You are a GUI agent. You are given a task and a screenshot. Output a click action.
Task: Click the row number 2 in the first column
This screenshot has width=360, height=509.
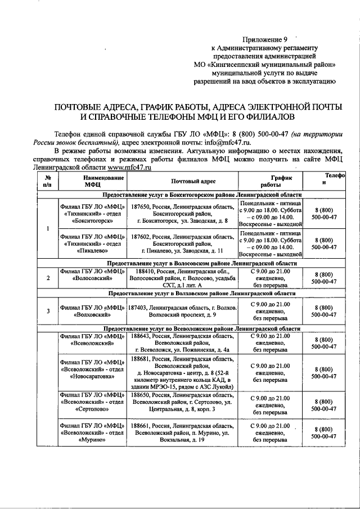(x=48, y=278)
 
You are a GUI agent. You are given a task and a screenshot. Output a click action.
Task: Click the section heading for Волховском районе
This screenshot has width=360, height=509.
(x=201, y=294)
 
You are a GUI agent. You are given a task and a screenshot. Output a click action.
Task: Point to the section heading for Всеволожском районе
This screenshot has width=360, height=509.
(x=201, y=328)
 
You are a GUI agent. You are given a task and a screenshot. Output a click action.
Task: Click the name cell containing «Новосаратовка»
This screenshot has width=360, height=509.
(x=93, y=369)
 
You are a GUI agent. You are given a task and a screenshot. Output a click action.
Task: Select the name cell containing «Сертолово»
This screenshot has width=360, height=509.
(x=93, y=403)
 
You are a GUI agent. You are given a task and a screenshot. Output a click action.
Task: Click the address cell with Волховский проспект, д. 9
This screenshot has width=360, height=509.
(x=181, y=316)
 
